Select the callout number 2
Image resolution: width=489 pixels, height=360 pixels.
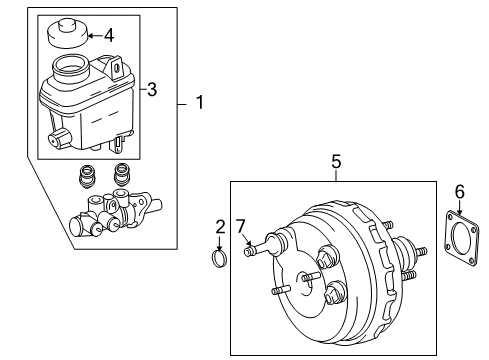(219, 227)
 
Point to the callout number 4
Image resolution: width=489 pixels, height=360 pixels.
(108, 36)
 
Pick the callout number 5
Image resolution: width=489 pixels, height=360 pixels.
(336, 159)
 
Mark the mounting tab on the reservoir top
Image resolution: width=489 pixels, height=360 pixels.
(120, 68)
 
